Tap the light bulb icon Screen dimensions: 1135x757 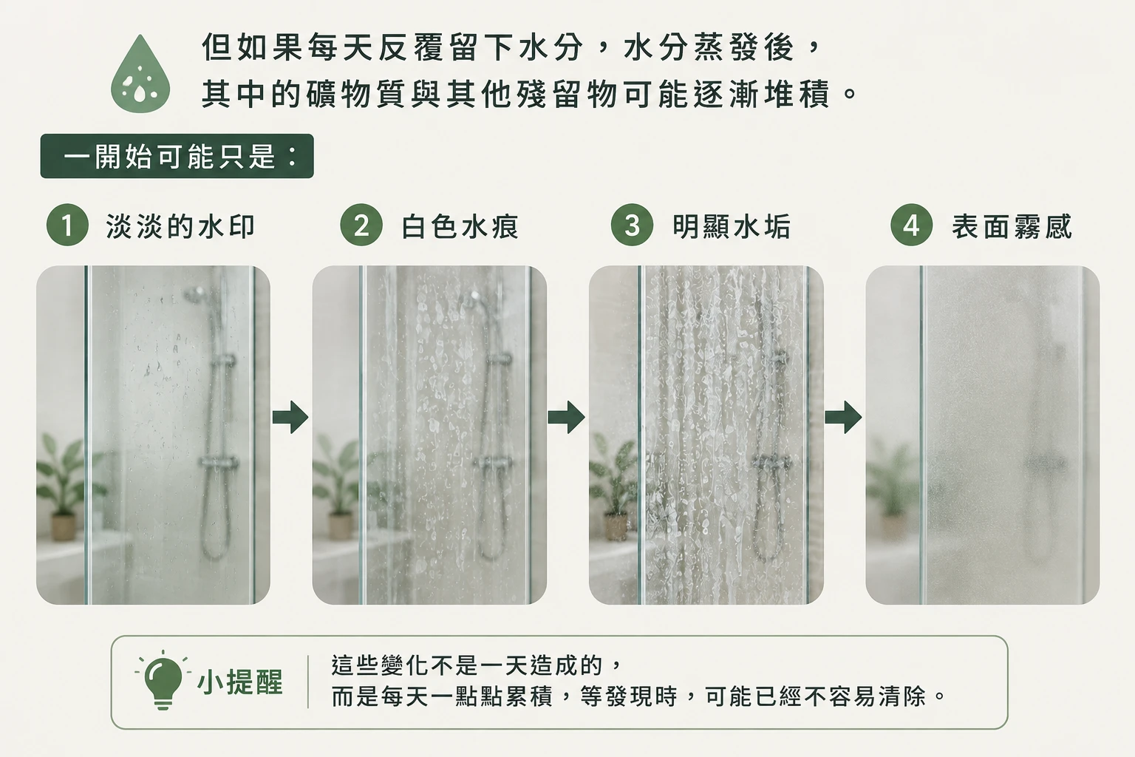[x=163, y=679]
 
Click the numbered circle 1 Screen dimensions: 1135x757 [x=67, y=225]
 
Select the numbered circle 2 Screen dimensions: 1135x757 [x=361, y=225]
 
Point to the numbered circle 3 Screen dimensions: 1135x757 [x=632, y=225]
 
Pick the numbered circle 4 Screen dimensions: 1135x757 [x=912, y=225]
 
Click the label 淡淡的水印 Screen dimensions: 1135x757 [x=180, y=226]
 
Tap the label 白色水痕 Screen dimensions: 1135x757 [x=460, y=226]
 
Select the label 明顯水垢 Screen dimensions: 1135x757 [x=731, y=226]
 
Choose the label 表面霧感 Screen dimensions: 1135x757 [x=1012, y=226]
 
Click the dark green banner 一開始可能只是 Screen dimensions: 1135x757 [x=177, y=156]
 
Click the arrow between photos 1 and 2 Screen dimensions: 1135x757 [x=290, y=417]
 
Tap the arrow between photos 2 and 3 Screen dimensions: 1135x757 [x=567, y=417]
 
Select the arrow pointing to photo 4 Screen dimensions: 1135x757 [x=843, y=417]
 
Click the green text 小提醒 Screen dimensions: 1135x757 [x=239, y=682]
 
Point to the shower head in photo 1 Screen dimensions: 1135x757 [x=195, y=293]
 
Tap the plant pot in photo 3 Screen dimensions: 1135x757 [x=616, y=527]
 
